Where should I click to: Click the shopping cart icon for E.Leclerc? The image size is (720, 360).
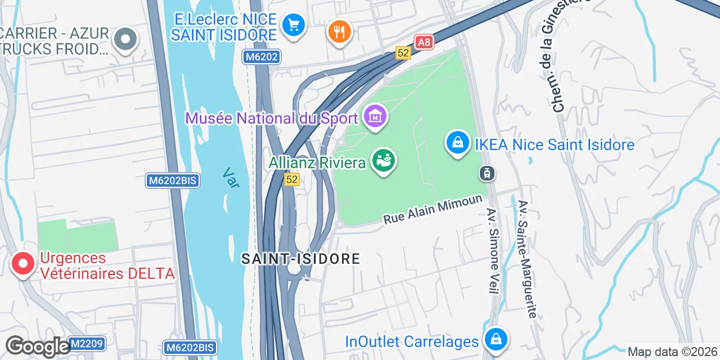[x=293, y=25]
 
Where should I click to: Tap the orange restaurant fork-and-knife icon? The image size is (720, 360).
[x=339, y=31]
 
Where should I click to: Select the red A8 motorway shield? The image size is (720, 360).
[x=424, y=42]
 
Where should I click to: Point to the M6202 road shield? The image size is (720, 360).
[x=262, y=57]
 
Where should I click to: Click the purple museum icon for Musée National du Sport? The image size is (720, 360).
[x=375, y=117]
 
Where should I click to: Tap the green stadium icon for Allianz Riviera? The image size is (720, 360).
[x=385, y=161]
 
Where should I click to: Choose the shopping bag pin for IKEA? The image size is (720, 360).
[x=458, y=143]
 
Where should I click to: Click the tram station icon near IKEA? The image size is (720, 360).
[x=487, y=173]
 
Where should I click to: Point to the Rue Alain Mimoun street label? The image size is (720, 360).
[x=433, y=209]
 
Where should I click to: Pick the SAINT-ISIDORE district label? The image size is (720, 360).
[x=301, y=259]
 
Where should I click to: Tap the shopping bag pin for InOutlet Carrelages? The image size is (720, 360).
[x=496, y=340]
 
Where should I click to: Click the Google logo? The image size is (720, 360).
[x=37, y=347]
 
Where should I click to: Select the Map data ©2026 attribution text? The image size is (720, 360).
[x=673, y=352]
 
